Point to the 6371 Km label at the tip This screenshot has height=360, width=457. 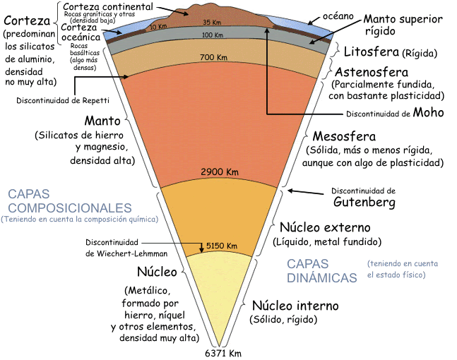pos(222,353)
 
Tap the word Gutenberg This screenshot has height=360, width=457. pos(363,203)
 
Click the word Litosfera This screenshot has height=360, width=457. pos(371,52)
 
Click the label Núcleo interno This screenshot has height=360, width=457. pos(295,306)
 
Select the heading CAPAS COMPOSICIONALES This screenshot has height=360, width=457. pos(69,201)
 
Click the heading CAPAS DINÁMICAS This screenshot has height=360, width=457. pos(321,270)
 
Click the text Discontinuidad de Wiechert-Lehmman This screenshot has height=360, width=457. pos(126,246)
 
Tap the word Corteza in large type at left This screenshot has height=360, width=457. pos(25,20)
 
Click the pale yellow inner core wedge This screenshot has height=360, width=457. pos(223,296)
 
